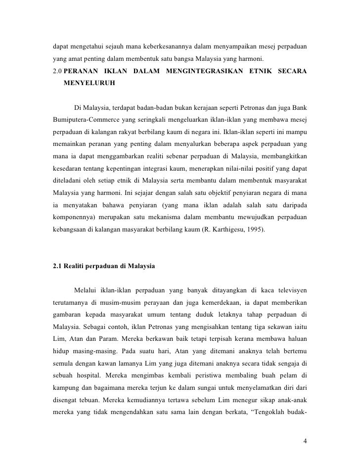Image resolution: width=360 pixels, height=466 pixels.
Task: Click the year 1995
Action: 267,230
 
